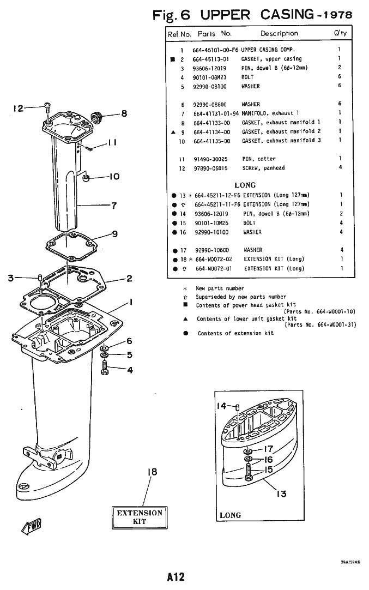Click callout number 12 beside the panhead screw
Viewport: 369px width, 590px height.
[x=18, y=109]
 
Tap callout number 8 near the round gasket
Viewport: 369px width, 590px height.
[x=124, y=113]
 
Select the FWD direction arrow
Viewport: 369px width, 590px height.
[x=32, y=526]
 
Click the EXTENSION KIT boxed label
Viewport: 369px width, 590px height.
[x=140, y=517]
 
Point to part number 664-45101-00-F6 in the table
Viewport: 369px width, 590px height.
[x=215, y=50]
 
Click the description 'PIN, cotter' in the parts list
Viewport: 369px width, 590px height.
[x=259, y=159]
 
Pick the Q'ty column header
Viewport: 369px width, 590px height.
[x=340, y=33]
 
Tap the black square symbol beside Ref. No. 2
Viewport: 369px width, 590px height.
[x=173, y=59]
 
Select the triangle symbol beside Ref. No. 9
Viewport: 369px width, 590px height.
[x=173, y=132]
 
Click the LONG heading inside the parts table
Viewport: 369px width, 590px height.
[x=245, y=185]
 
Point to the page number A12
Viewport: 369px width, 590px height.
[x=176, y=577]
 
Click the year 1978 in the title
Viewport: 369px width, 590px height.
[x=338, y=15]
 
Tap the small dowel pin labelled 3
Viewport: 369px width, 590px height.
[x=39, y=278]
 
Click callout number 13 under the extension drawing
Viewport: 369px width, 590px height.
[x=281, y=493]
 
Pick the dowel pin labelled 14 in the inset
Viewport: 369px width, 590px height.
[x=238, y=407]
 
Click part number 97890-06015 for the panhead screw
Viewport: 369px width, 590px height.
[x=210, y=168]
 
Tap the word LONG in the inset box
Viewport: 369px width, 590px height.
[x=230, y=515]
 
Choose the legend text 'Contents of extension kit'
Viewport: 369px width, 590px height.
[x=236, y=333]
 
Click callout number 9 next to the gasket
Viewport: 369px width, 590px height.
[x=114, y=234]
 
